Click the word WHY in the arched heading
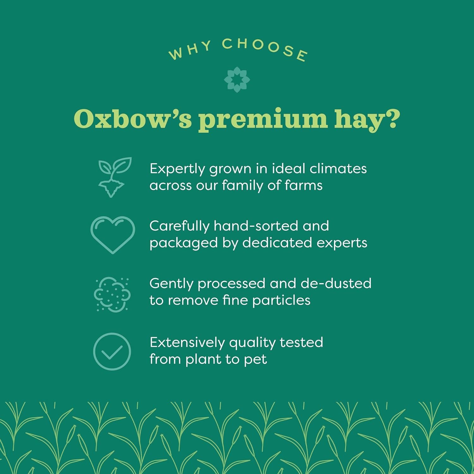[x=190, y=50]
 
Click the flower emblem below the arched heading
[x=237, y=79]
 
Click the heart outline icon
[x=113, y=235]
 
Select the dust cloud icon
[x=112, y=294]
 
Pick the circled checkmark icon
[x=112, y=351]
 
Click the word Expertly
[x=178, y=169]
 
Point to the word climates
[x=338, y=168]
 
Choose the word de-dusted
[x=336, y=283]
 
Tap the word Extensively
[x=187, y=342]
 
